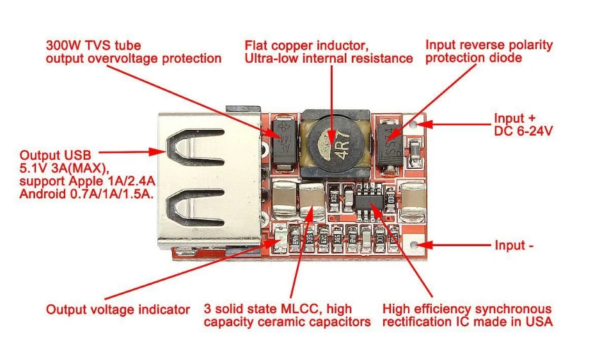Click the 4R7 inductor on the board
coord(333,144)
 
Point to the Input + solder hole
coord(416,123)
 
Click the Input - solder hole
coord(416,245)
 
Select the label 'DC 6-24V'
coord(523,131)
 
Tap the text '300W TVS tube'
coord(93,45)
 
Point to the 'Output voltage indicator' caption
coord(118,309)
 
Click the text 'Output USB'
coord(56,155)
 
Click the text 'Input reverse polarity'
coord(489,45)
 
